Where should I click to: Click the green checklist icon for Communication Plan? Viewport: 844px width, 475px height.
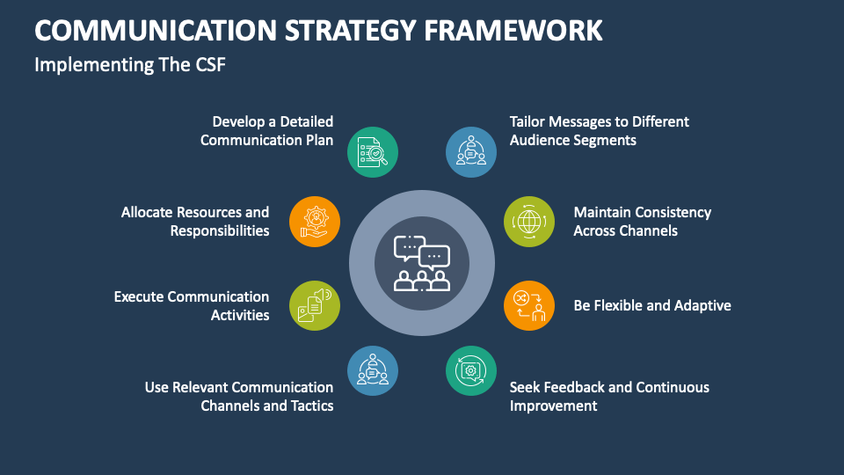(x=372, y=152)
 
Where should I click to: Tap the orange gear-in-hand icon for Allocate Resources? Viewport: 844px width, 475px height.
(x=314, y=221)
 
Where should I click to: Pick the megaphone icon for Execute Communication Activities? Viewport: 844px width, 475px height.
(x=314, y=306)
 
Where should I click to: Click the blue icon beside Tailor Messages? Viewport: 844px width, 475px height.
(x=471, y=152)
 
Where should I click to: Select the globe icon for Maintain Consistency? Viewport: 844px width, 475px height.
(x=529, y=221)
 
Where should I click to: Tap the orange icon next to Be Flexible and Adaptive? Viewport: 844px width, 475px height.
(x=529, y=306)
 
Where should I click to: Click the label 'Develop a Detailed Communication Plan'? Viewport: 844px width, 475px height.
(x=267, y=130)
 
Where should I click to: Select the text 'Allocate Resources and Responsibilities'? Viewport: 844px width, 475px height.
(x=195, y=221)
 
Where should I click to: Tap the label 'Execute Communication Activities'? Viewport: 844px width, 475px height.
(x=192, y=306)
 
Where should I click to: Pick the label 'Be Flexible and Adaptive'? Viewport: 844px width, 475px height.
(x=652, y=306)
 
